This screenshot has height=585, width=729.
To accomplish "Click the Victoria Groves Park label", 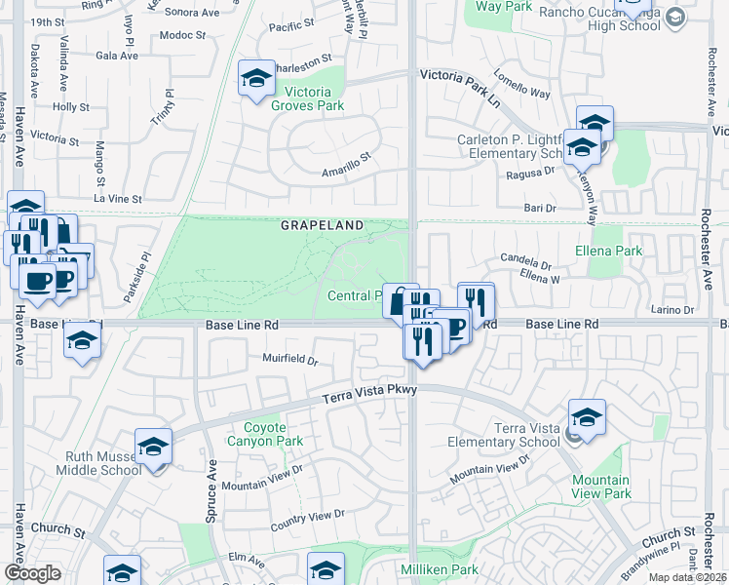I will point(307,98).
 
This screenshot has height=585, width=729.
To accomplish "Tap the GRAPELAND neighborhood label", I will point(322,225).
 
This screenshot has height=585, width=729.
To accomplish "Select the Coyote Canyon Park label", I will point(264,434).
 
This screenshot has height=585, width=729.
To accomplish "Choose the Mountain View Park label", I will point(601,487).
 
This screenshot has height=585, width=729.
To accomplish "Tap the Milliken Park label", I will point(439,568).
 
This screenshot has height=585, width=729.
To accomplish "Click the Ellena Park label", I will point(615,251).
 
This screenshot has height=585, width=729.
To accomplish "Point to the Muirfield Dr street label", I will point(290,359).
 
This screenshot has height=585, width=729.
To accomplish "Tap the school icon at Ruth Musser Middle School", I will point(153,447).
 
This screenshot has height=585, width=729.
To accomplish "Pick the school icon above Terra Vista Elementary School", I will point(588,417).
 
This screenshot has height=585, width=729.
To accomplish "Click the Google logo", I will point(32,573).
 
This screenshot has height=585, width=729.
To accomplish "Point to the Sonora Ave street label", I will point(192,13).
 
